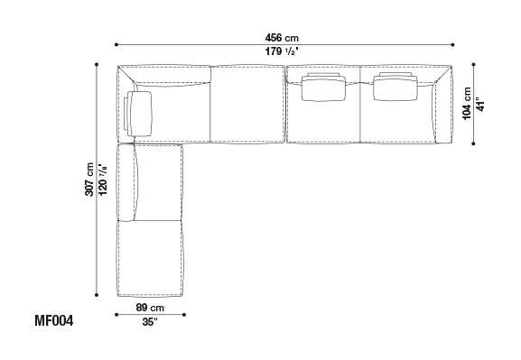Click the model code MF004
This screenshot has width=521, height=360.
[54, 321]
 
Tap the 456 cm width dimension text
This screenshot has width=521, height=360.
[282, 38]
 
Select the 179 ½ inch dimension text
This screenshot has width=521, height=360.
[282, 51]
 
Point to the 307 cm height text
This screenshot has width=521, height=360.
[89, 180]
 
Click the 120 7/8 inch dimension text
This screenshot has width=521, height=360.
[103, 180]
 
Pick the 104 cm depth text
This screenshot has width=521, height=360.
[467, 103]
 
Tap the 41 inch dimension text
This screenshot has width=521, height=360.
[480, 104]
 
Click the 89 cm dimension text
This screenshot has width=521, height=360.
[150, 308]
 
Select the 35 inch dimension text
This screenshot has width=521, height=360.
[150, 321]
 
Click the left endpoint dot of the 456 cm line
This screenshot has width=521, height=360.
[116, 44]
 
